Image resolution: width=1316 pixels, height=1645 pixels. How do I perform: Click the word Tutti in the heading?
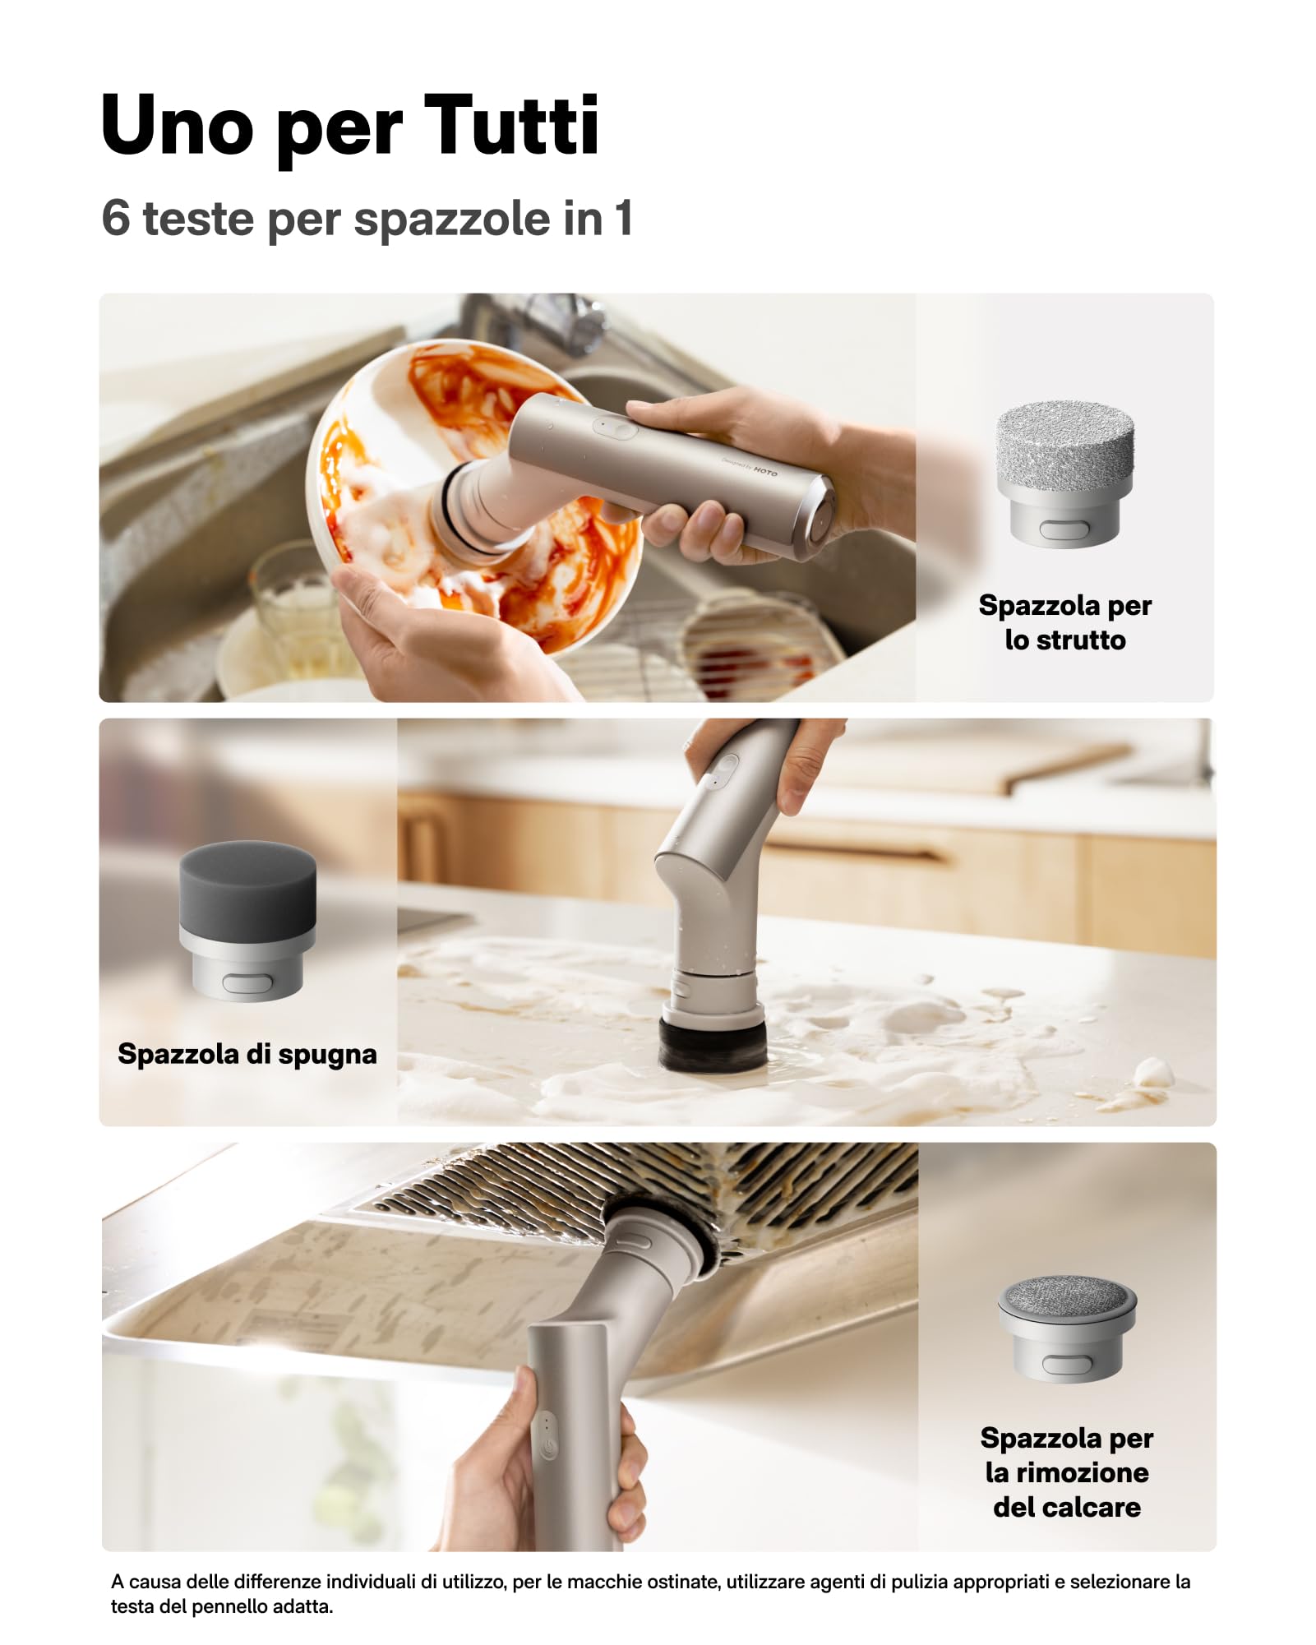pyautogui.click(x=512, y=124)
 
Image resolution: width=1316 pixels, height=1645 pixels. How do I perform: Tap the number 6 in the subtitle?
pyautogui.click(x=116, y=218)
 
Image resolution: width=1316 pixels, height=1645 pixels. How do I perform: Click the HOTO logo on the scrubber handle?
pyautogui.click(x=765, y=472)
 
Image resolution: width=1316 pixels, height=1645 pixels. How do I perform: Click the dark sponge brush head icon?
pyautogui.click(x=247, y=920)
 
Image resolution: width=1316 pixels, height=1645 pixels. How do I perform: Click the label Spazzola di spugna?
pyautogui.click(x=247, y=1054)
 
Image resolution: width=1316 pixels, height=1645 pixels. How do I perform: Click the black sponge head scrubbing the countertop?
pyautogui.click(x=713, y=1044)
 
